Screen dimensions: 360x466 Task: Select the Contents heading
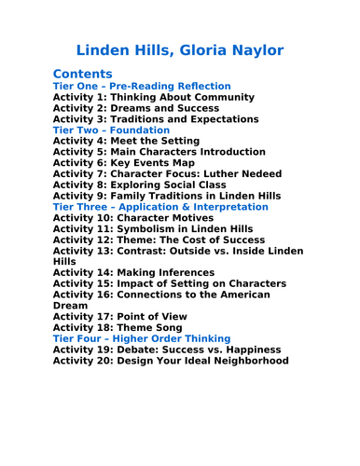[x=83, y=73]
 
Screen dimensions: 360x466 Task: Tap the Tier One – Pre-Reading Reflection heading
[x=142, y=86]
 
